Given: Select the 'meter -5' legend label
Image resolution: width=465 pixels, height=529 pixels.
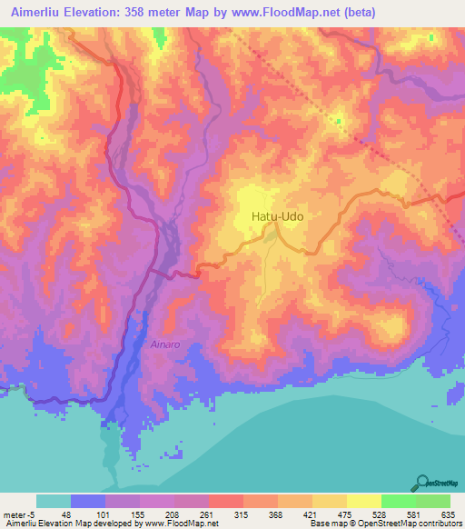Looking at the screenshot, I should (18, 513).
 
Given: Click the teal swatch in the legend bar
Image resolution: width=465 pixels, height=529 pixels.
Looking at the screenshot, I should (54, 501).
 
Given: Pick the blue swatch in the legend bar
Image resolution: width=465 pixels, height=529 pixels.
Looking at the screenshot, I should (88, 501).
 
